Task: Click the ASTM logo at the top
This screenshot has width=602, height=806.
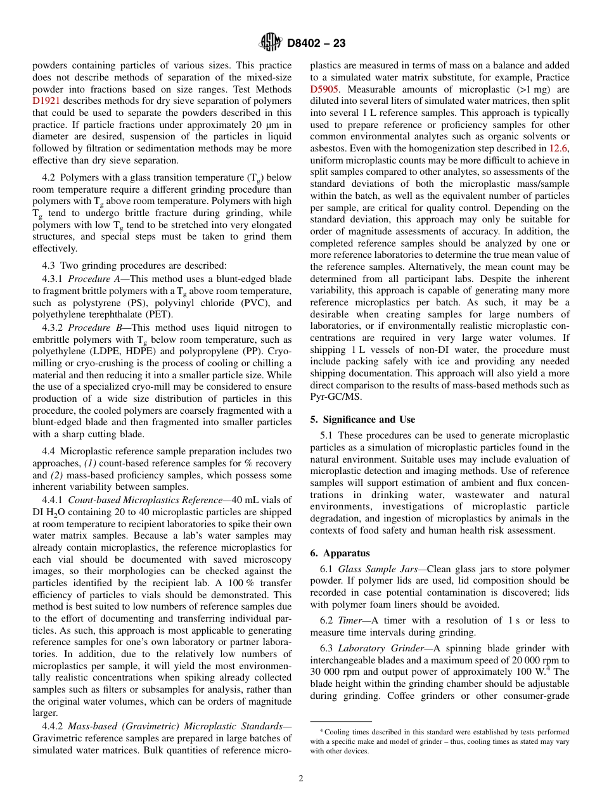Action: pyautogui.click(x=271, y=43)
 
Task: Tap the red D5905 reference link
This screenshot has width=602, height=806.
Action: pyautogui.click(x=324, y=89)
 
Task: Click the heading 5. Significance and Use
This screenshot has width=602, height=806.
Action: pyautogui.click(x=362, y=419)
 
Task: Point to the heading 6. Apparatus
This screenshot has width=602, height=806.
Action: pyautogui.click(x=340, y=553)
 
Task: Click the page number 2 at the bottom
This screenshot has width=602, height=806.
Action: pyautogui.click(x=301, y=779)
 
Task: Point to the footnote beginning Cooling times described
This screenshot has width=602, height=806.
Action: pyautogui.click(x=440, y=741)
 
